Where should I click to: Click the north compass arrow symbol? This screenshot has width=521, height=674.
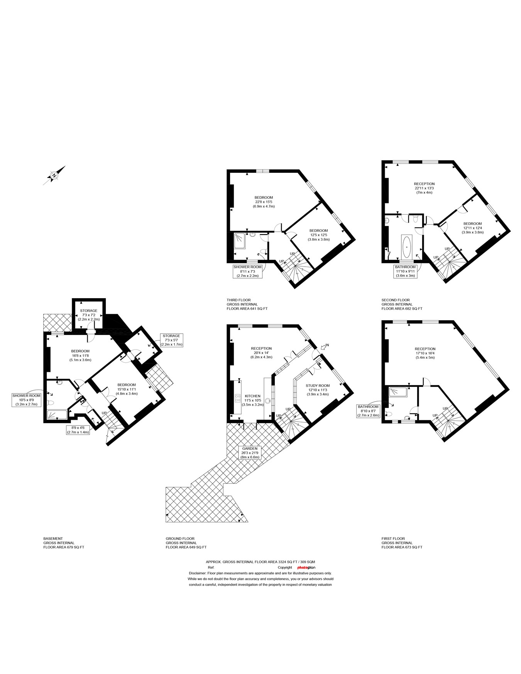click(54, 176)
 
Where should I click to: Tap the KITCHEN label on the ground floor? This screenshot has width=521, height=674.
click(253, 396)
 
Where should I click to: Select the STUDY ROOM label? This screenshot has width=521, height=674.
click(318, 385)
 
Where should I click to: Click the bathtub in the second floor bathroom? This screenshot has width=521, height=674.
click(407, 247)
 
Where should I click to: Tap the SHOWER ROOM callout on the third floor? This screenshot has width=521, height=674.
click(247, 271)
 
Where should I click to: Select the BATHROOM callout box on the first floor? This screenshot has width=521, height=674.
click(368, 411)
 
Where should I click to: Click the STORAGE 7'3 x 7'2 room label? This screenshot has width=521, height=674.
click(89, 315)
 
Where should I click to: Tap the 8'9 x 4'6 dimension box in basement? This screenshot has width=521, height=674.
click(79, 430)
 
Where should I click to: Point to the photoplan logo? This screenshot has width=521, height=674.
click(306, 568)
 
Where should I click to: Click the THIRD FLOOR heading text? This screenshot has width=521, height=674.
click(239, 300)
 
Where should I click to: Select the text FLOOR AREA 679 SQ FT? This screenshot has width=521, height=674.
click(64, 547)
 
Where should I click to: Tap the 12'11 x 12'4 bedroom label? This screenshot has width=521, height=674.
click(472, 228)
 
